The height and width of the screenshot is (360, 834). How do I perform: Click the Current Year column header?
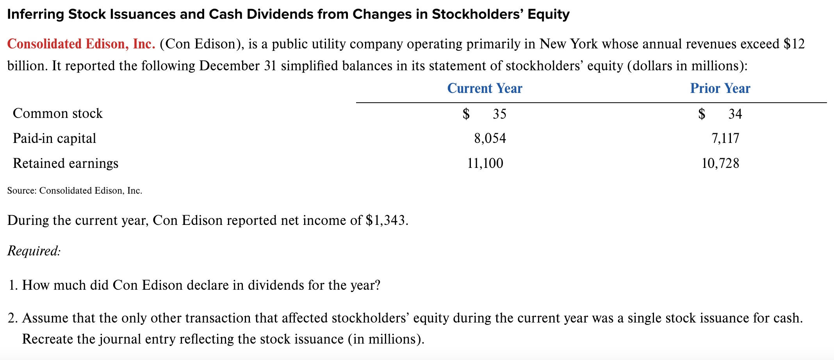[x=484, y=88]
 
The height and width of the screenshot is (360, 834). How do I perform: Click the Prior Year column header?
[x=720, y=88]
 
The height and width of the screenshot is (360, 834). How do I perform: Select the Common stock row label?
[x=58, y=113]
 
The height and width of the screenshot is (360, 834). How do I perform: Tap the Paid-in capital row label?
[x=54, y=138]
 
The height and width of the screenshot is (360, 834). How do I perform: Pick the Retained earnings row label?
[x=66, y=163]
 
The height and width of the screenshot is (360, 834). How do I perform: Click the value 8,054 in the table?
[x=490, y=138]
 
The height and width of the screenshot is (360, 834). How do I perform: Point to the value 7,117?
[x=725, y=138]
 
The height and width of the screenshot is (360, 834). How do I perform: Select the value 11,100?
[x=485, y=163]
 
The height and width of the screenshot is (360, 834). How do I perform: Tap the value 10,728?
[x=720, y=163]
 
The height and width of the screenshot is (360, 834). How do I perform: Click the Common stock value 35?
[x=499, y=114]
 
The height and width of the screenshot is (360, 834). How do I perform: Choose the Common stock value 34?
[x=735, y=114]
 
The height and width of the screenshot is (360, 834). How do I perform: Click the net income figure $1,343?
[x=387, y=221]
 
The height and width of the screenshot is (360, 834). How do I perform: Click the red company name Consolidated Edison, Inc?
[x=81, y=44]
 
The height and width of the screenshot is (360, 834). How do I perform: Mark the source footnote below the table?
[x=75, y=191]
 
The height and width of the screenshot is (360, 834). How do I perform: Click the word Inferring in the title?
[x=36, y=14]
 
